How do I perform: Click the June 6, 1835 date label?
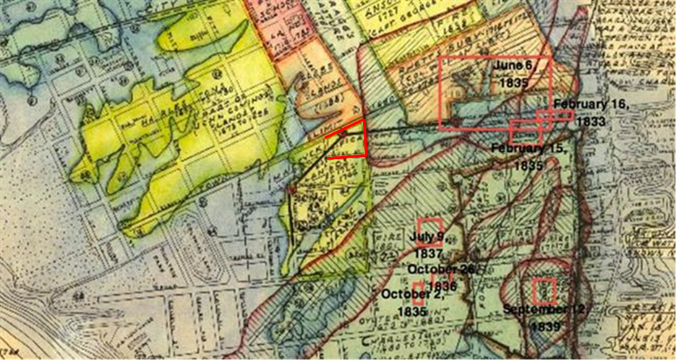click(513, 73)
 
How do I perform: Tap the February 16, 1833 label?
click(591, 113)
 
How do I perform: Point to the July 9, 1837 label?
click(429, 244)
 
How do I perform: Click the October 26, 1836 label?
click(441, 276)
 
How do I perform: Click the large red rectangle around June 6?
click(495, 93)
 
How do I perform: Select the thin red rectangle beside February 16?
click(555, 115)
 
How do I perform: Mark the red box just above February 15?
click(526, 132)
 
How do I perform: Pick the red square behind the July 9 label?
click(429, 231)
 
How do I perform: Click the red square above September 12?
click(544, 291)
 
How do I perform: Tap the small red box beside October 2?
click(419, 288)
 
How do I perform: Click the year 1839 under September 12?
click(544, 326)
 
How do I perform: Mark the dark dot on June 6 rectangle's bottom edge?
click(454, 120)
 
